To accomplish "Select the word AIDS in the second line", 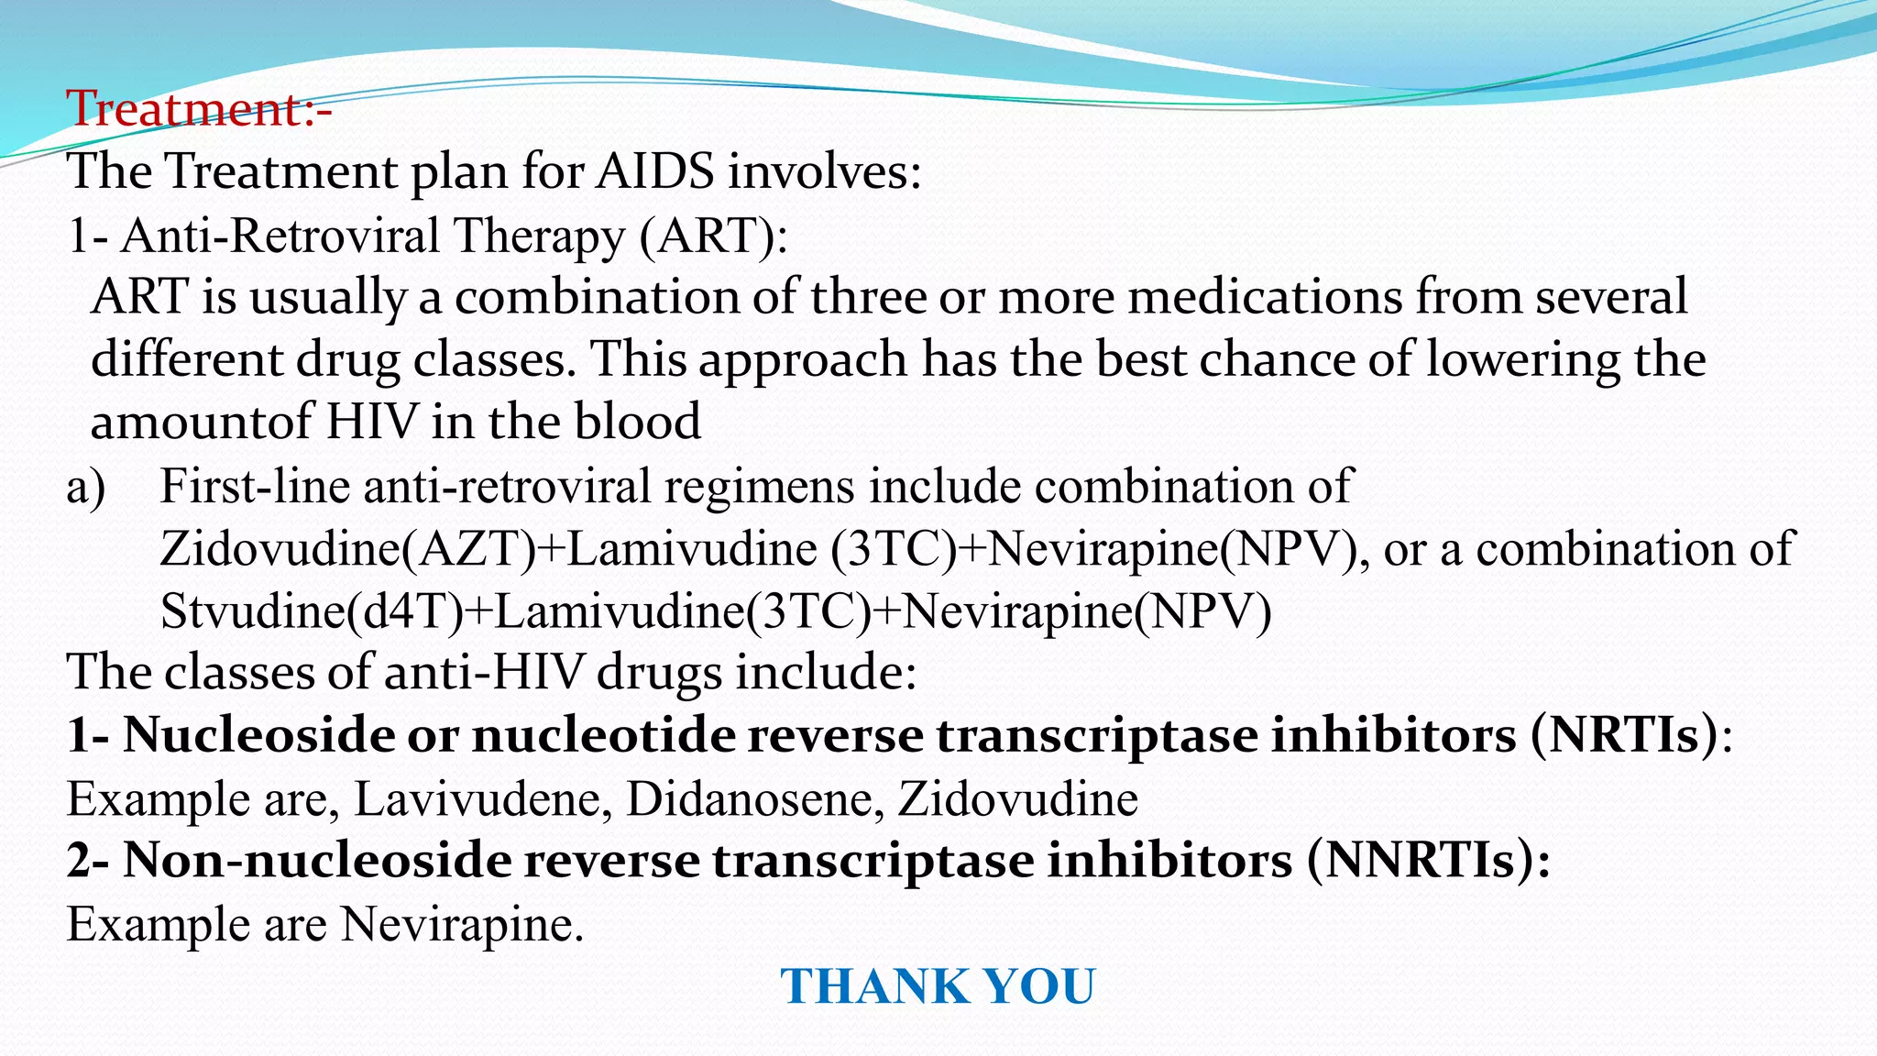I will pos(653,171).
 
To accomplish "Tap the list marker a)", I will pos(86,486).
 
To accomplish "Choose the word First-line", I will pos(255,486).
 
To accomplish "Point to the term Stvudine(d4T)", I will pos(313,611).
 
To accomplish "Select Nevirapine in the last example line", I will pos(462,924).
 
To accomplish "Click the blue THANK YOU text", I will pos(938,987).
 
